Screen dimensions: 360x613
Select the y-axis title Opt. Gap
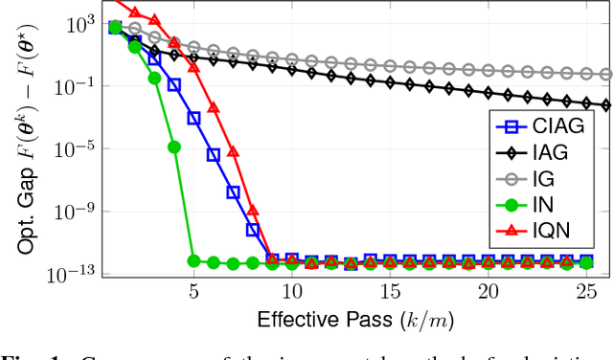27,144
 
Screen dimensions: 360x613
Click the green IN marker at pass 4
174,146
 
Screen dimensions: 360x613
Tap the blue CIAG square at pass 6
214,154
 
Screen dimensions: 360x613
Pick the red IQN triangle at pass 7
233,152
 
